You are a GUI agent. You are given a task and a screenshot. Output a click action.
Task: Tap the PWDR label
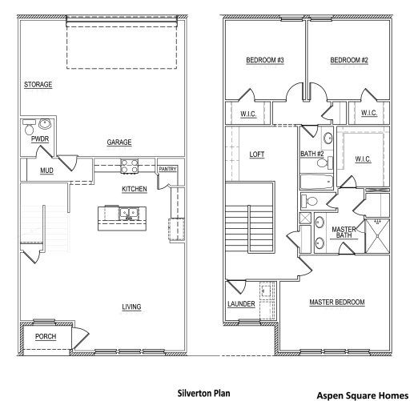tap(39, 139)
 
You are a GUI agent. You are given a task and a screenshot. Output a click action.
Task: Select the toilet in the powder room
tap(30, 126)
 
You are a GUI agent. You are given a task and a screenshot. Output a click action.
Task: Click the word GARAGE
tap(119, 142)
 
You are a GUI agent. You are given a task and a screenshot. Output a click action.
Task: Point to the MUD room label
tap(46, 170)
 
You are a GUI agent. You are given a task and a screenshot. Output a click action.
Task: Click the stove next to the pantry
tap(130, 166)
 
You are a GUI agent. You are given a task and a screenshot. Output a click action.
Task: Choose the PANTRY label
tap(167, 170)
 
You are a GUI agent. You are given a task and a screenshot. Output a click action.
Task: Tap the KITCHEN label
tap(134, 189)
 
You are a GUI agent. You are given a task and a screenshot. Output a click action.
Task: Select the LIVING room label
tap(131, 307)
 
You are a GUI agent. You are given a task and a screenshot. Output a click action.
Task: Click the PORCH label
tap(46, 337)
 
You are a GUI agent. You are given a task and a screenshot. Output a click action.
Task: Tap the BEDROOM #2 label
tap(349, 60)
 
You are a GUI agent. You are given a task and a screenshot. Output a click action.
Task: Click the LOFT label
tap(257, 154)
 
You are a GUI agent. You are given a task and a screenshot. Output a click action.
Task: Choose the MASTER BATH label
tap(344, 232)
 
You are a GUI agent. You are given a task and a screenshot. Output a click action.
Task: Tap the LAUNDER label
tap(241, 304)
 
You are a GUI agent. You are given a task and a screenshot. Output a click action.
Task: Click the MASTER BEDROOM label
tap(337, 302)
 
